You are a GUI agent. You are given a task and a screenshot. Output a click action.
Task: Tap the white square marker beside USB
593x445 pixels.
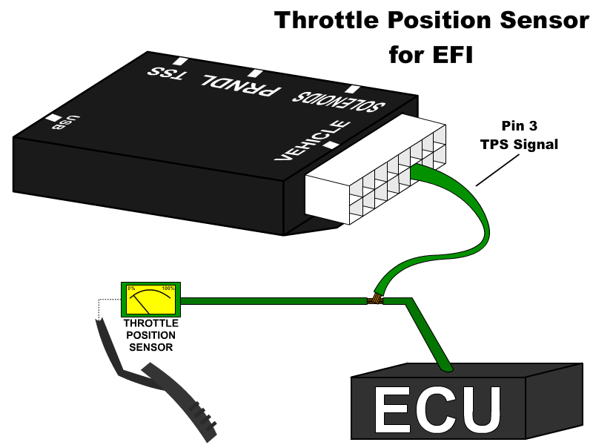[53, 117]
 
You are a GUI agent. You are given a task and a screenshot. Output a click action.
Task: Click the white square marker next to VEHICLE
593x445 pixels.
[331, 145]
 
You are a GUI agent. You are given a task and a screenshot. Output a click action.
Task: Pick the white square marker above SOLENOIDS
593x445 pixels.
[352, 89]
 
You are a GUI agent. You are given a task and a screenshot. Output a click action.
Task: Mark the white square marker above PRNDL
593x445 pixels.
[255, 73]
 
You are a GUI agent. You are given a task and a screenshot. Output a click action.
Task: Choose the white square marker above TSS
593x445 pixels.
[180, 61]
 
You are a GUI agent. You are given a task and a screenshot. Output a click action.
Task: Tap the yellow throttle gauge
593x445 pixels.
[150, 300]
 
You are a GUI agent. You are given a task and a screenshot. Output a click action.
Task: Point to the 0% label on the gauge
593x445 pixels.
[131, 289]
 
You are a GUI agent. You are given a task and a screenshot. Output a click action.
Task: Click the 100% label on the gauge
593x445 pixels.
[168, 289]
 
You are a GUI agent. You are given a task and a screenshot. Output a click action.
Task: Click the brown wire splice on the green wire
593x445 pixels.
[376, 299]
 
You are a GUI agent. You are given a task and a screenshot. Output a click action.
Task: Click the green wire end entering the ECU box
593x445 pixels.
[445, 367]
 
